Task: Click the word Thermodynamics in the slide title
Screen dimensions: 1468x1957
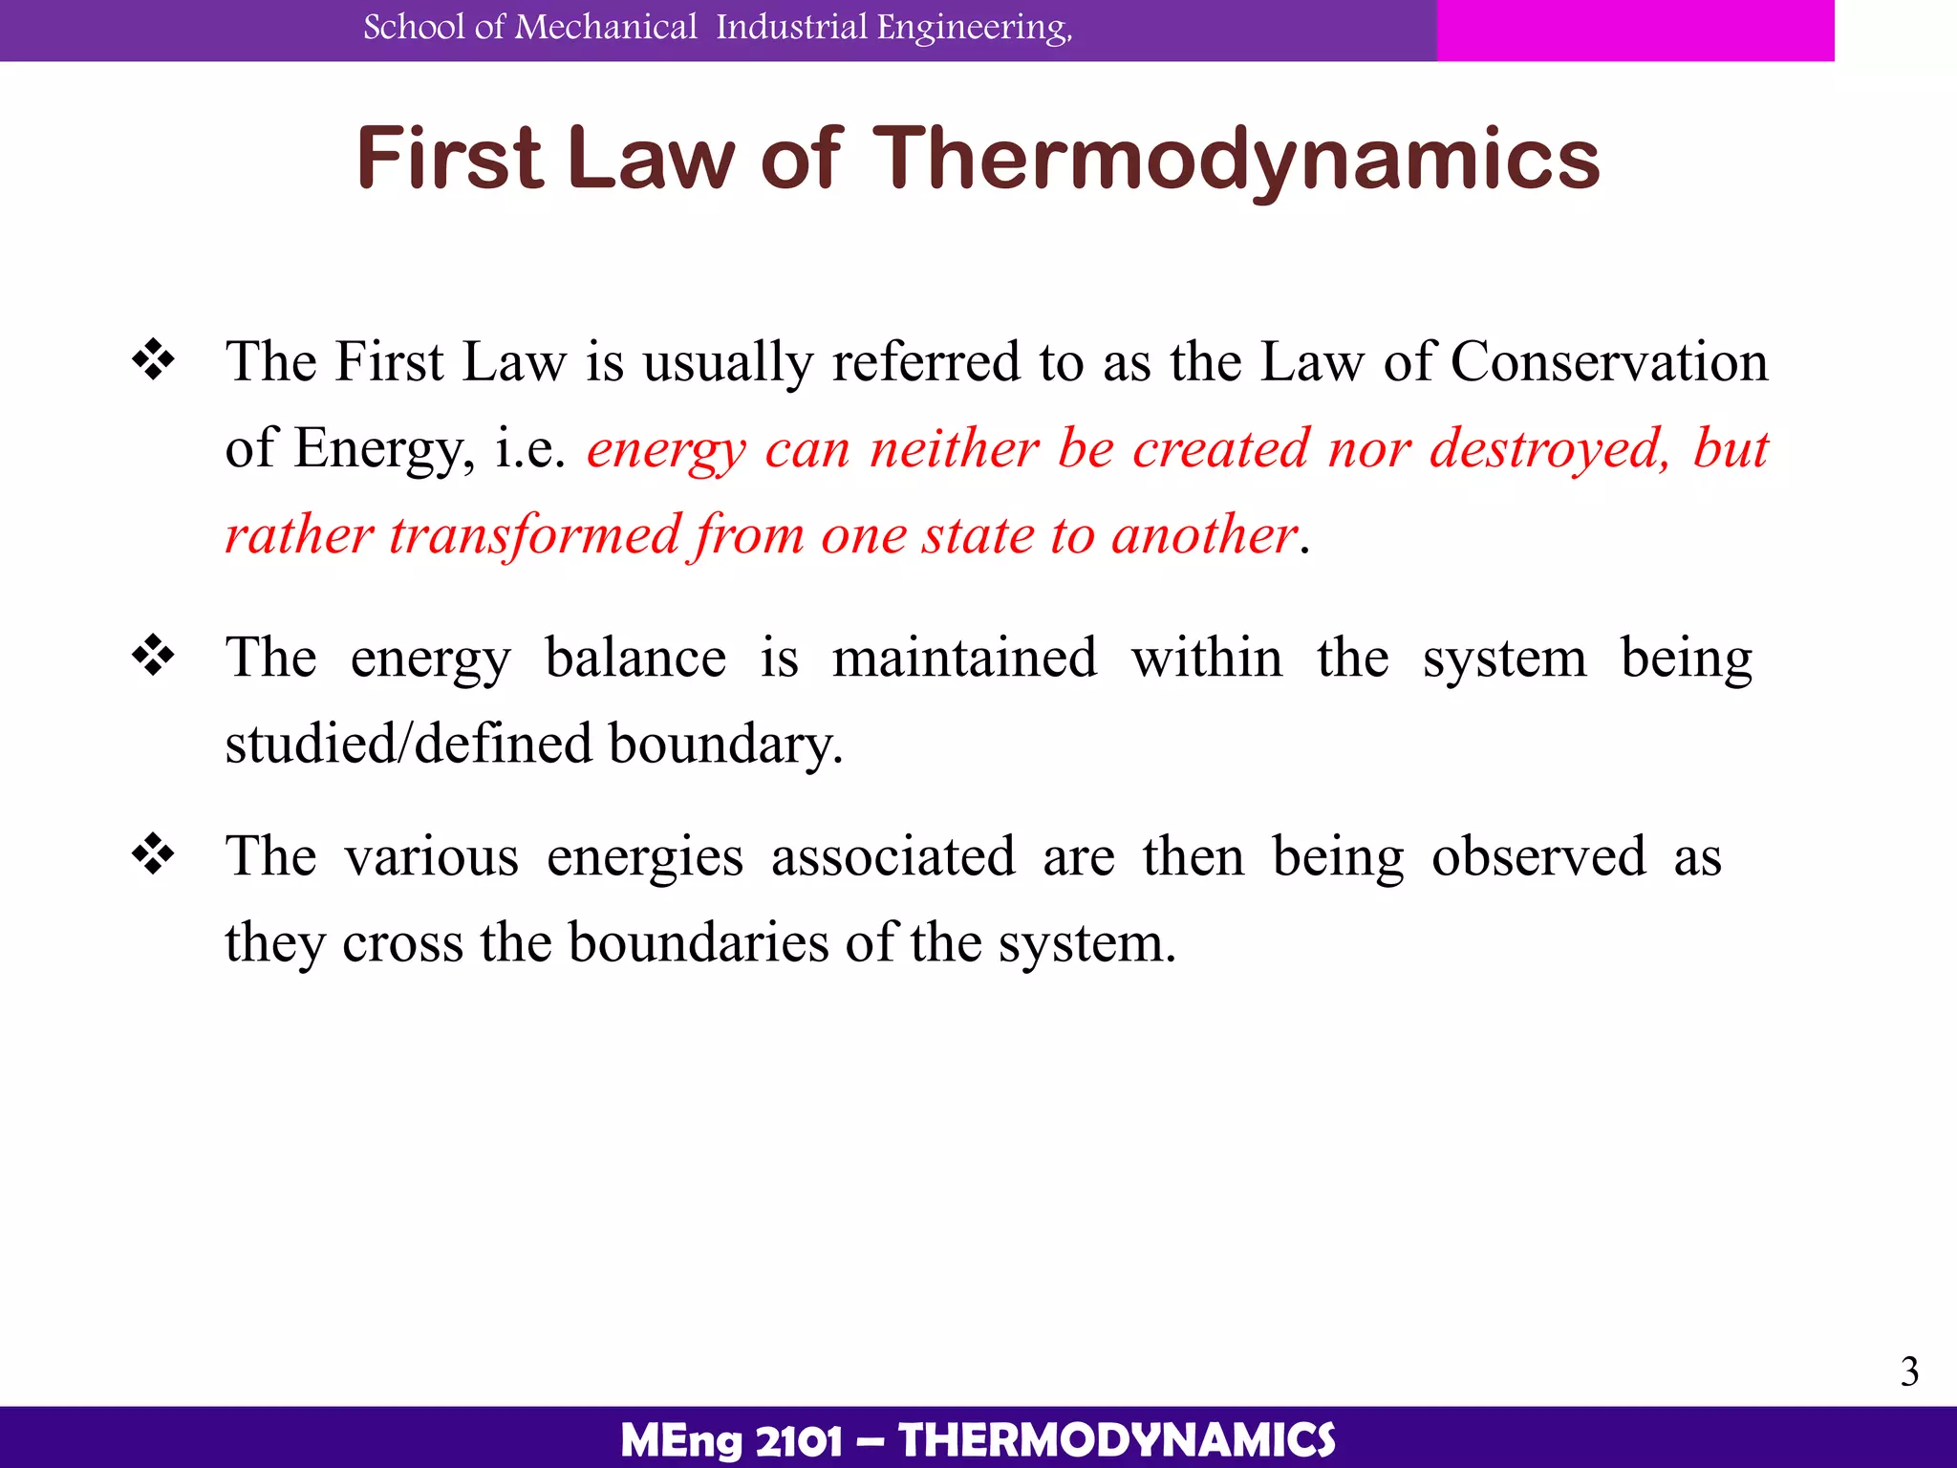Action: point(1237,160)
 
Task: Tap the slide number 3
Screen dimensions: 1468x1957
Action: point(1909,1371)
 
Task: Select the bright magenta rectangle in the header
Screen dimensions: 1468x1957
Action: point(1634,30)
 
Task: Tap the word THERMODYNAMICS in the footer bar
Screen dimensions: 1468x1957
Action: point(1117,1440)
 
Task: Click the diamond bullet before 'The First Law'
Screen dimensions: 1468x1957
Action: point(154,361)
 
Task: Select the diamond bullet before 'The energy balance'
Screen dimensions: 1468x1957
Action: point(154,657)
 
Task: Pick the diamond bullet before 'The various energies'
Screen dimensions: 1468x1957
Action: point(154,854)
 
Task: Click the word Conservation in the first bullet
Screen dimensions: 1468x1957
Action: point(1609,362)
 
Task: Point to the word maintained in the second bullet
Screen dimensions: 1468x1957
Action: point(964,658)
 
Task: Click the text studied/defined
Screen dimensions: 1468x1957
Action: point(409,744)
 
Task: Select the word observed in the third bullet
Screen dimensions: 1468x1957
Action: point(1538,856)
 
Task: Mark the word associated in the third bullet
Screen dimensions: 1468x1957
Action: point(892,856)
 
